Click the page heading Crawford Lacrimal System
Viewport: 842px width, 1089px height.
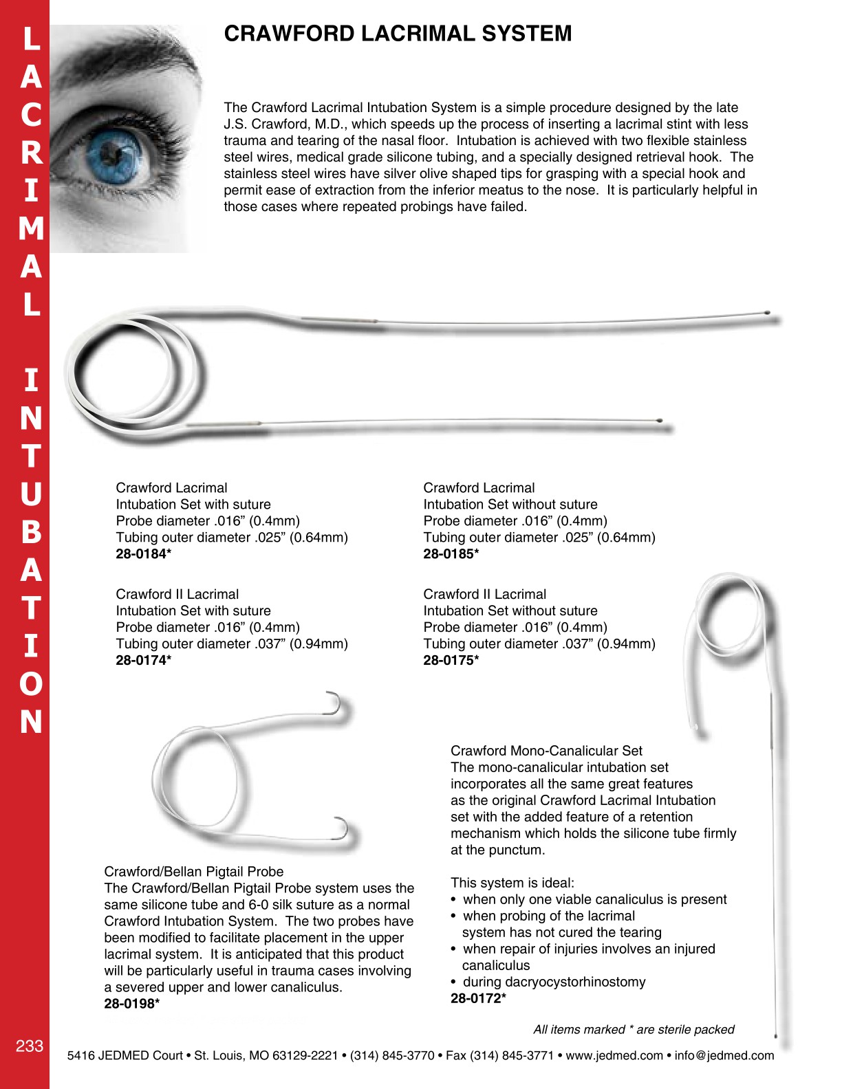pos(398,34)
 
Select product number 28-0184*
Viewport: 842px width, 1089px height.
pos(143,554)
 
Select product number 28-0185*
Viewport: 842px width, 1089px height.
pos(451,554)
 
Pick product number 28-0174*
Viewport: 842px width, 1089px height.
pos(143,661)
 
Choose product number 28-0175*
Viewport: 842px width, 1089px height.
pos(451,661)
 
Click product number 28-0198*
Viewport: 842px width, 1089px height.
pos(132,1004)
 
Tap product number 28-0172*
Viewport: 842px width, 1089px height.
pos(478,998)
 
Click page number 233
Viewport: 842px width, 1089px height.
pos(30,1046)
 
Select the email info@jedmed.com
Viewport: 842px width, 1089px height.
pos(724,1055)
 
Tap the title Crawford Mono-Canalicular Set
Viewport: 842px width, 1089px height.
pos(546,751)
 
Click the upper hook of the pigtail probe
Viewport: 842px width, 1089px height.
pos(336,703)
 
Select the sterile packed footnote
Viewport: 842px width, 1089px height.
pos(634,1029)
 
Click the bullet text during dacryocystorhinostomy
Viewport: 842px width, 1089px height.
pos(554,982)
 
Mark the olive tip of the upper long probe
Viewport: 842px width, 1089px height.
pos(767,313)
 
